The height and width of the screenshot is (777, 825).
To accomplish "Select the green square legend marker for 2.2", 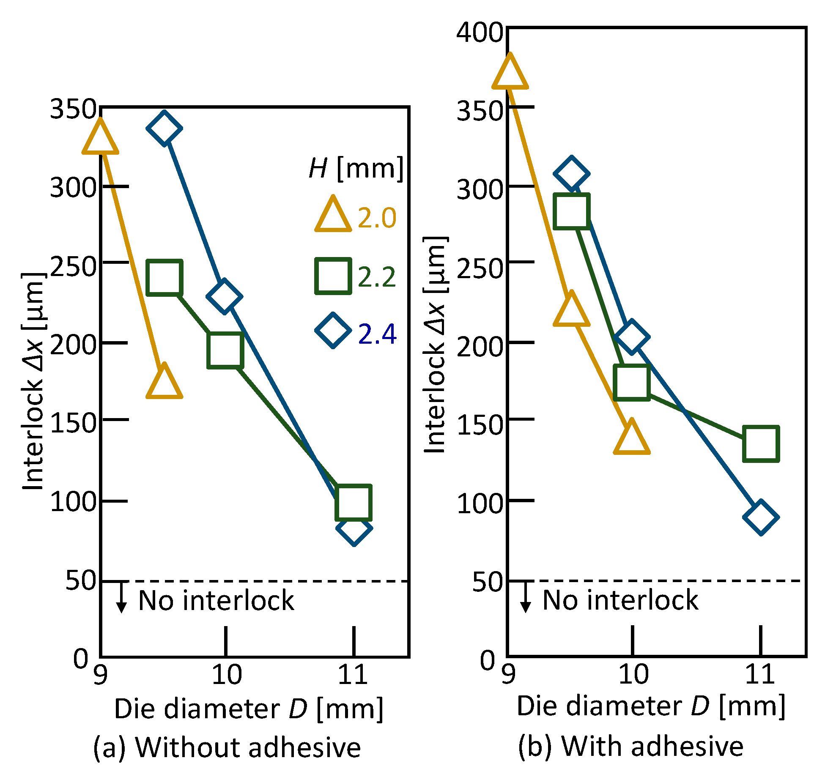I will coord(333,276).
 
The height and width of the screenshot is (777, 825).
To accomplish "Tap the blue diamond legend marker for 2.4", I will coord(333,331).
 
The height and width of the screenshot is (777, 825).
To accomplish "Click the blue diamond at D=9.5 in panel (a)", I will coord(164,128).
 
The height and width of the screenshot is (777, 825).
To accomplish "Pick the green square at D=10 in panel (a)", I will coord(225,350).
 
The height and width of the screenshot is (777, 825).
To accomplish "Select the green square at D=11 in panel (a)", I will coord(353,502).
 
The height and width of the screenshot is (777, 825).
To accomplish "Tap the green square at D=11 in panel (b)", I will coord(761,443).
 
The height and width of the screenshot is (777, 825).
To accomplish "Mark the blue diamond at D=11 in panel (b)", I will coord(760,517).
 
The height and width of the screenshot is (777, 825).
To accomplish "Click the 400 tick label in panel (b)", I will coord(479,33).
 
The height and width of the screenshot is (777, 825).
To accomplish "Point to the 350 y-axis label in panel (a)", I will coord(73,109).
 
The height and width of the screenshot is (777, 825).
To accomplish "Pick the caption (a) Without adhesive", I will coord(227,747).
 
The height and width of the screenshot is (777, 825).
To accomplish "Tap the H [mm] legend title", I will coord(356,168).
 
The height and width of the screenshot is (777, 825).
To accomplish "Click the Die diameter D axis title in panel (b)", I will coord(651,706).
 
